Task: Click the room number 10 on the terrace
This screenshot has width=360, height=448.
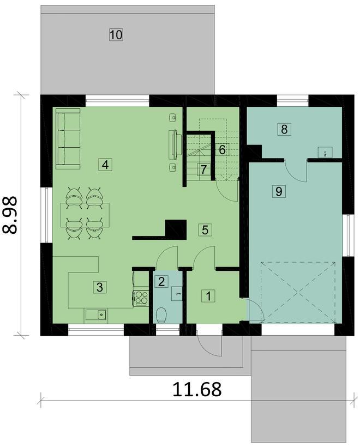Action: tap(116, 35)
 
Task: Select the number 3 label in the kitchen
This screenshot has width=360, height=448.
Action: tap(99, 287)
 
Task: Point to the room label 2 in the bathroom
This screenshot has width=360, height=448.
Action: tap(161, 281)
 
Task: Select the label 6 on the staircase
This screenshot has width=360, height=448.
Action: tap(222, 149)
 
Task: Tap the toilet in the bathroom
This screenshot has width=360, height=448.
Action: tap(161, 314)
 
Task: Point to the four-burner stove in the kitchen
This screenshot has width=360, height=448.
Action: tap(141, 298)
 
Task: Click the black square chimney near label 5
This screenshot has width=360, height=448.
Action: tap(175, 228)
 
